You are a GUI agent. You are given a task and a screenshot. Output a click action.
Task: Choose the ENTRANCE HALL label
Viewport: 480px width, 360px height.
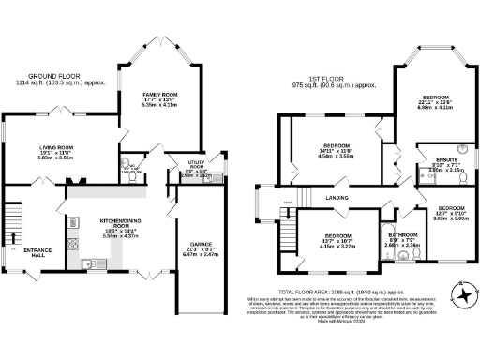click(x=37, y=250)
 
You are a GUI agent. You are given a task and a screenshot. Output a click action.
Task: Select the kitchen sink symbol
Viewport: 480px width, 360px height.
click(x=91, y=266)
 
